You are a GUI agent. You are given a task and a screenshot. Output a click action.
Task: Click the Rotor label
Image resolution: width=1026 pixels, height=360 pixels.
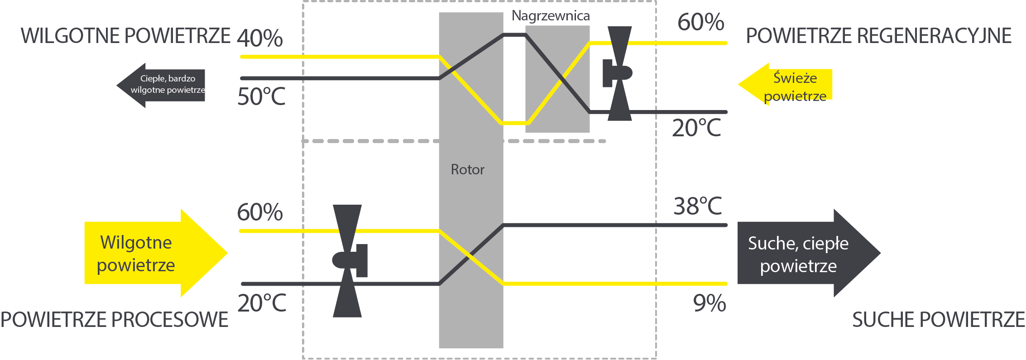pyautogui.click(x=467, y=170)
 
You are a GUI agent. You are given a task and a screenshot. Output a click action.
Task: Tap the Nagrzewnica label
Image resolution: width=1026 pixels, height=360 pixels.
pyautogui.click(x=550, y=16)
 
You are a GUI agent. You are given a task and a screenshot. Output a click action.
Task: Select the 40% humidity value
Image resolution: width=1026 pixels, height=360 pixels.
pyautogui.click(x=260, y=38)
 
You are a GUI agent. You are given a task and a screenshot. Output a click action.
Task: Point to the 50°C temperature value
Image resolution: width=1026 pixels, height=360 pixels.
pyautogui.click(x=261, y=96)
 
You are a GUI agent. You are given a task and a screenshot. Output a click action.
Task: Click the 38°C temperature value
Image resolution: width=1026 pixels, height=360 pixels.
pyautogui.click(x=697, y=206)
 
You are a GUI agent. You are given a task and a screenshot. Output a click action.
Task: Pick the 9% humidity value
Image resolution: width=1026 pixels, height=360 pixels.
pyautogui.click(x=709, y=303)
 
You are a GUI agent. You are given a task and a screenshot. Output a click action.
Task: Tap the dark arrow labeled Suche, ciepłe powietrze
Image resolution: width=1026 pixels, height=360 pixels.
pyautogui.click(x=801, y=254)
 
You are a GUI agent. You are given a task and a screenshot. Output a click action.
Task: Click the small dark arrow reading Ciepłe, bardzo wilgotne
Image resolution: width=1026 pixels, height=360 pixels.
pyautogui.click(x=163, y=85)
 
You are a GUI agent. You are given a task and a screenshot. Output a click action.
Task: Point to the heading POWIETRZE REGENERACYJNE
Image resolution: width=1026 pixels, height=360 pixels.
pyautogui.click(x=878, y=36)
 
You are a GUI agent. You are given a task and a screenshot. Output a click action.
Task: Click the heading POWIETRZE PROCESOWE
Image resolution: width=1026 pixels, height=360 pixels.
pyautogui.click(x=114, y=320)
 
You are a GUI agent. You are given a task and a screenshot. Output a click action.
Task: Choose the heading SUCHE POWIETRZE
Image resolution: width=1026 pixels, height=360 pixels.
pyautogui.click(x=938, y=320)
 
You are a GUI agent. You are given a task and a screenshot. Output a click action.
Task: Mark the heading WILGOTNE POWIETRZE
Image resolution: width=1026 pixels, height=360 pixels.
pyautogui.click(x=125, y=36)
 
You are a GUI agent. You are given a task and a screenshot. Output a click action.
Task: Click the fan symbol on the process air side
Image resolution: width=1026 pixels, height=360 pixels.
pyautogui.click(x=349, y=261)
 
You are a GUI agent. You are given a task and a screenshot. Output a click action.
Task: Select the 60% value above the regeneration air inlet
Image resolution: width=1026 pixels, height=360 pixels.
pyautogui.click(x=700, y=22)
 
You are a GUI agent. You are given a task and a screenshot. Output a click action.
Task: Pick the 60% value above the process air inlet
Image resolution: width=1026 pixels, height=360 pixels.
pyautogui.click(x=260, y=212)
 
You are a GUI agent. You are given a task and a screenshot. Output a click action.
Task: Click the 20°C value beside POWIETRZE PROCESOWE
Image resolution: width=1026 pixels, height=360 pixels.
pyautogui.click(x=262, y=303)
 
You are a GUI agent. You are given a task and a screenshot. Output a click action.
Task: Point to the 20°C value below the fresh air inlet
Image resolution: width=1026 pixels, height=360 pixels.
pyautogui.click(x=696, y=128)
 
